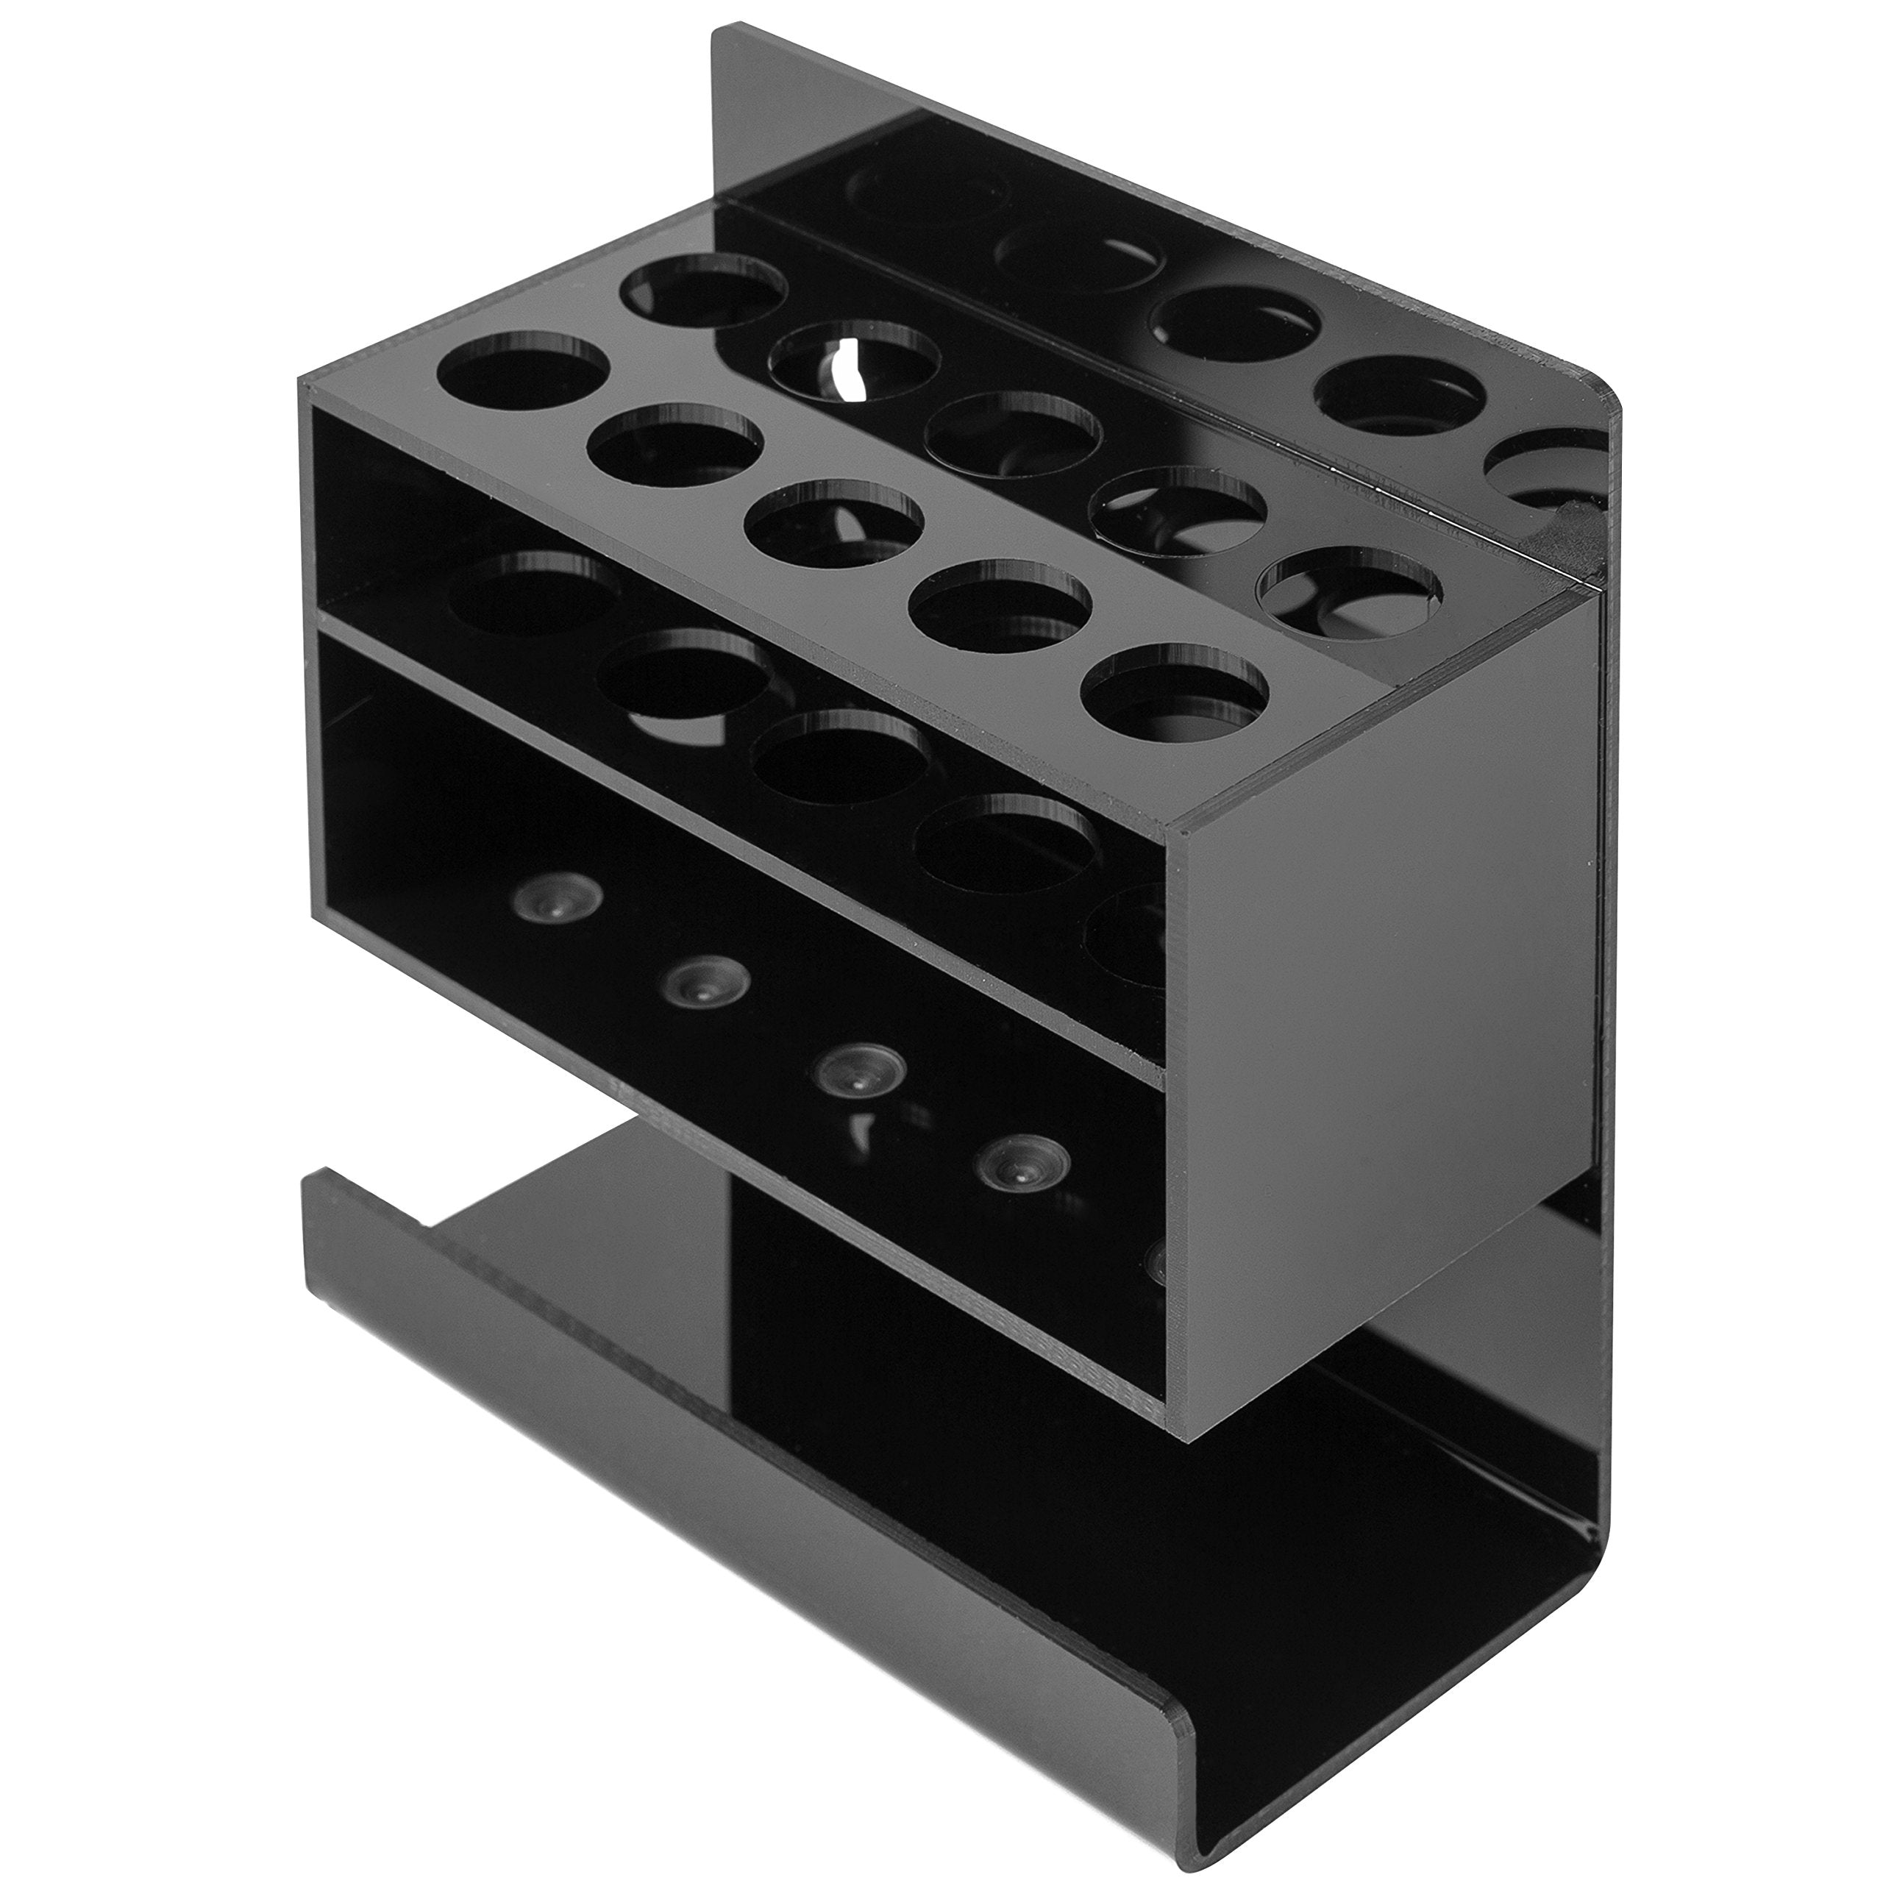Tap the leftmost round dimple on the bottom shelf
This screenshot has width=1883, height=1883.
[x=545, y=903]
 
